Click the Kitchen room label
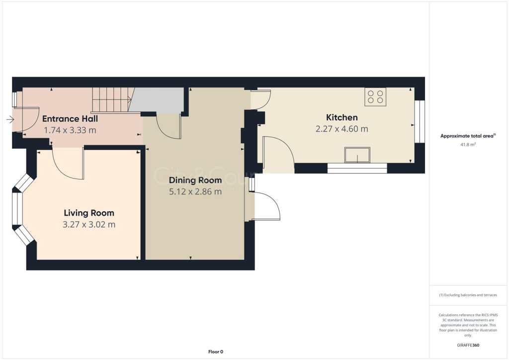pos(341,117)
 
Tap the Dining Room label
pos(195,180)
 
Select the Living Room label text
pos(89,213)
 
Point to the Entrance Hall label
pos(70,118)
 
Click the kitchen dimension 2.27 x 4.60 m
pos(341,129)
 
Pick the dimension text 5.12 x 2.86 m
pos(195,191)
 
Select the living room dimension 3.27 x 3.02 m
pos(89,225)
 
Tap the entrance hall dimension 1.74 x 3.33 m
pos(70,130)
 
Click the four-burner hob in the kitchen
pos(375,96)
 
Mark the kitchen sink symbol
pos(357,155)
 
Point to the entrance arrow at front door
pos(10,119)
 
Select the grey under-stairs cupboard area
pos(158,101)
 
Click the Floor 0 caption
pos(215,352)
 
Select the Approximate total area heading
pos(468,136)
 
